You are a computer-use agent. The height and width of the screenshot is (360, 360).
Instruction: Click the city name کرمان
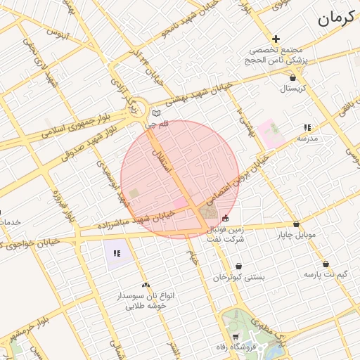333,20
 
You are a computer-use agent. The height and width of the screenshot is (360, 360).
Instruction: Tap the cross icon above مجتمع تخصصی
276,39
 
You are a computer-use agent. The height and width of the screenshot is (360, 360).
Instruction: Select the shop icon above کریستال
292,77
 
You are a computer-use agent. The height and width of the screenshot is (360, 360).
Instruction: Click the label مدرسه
307,138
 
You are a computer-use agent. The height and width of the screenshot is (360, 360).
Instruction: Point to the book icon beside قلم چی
156,113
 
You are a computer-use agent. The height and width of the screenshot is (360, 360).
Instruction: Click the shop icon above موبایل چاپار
296,224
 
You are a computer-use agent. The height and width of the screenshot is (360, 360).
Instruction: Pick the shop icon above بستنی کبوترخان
240,266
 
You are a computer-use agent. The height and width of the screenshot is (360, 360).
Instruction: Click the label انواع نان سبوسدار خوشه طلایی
146,301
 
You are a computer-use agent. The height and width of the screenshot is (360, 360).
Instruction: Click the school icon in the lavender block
117,253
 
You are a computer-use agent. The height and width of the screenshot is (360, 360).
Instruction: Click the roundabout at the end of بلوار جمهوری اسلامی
139,109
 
